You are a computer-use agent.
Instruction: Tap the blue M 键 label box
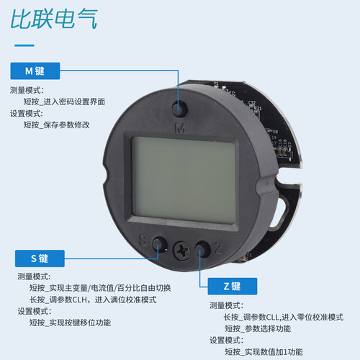tap(35, 71)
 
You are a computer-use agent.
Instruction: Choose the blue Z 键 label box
tap(232, 286)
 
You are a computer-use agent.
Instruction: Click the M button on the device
tap(180, 109)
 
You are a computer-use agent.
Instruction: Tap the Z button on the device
tap(201, 248)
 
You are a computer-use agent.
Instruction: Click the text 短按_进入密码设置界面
tap(64, 102)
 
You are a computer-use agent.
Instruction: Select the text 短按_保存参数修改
tap(56, 125)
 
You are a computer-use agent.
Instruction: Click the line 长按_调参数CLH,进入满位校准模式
tap(93, 300)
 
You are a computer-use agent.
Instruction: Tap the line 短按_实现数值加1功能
tap(264, 351)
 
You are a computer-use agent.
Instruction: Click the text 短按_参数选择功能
tap(258, 328)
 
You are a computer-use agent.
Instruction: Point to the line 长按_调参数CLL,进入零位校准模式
tap(284, 317)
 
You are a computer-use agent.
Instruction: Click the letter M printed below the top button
tap(180, 127)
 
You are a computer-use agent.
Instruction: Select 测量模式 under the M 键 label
tap(27, 91)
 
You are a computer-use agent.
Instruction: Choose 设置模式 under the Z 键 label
tap(227, 340)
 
